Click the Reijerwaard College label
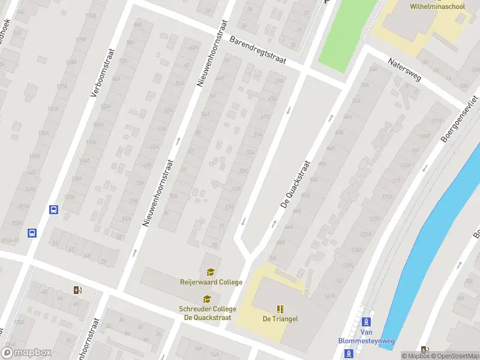coord(211,282)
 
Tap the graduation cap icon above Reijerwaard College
coord(211,272)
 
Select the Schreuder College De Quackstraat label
coord(207,313)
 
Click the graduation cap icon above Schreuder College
coord(207,299)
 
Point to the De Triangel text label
coord(280,319)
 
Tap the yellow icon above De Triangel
coord(280,309)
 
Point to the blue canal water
coord(432,228)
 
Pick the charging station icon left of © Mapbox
coord(425,349)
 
